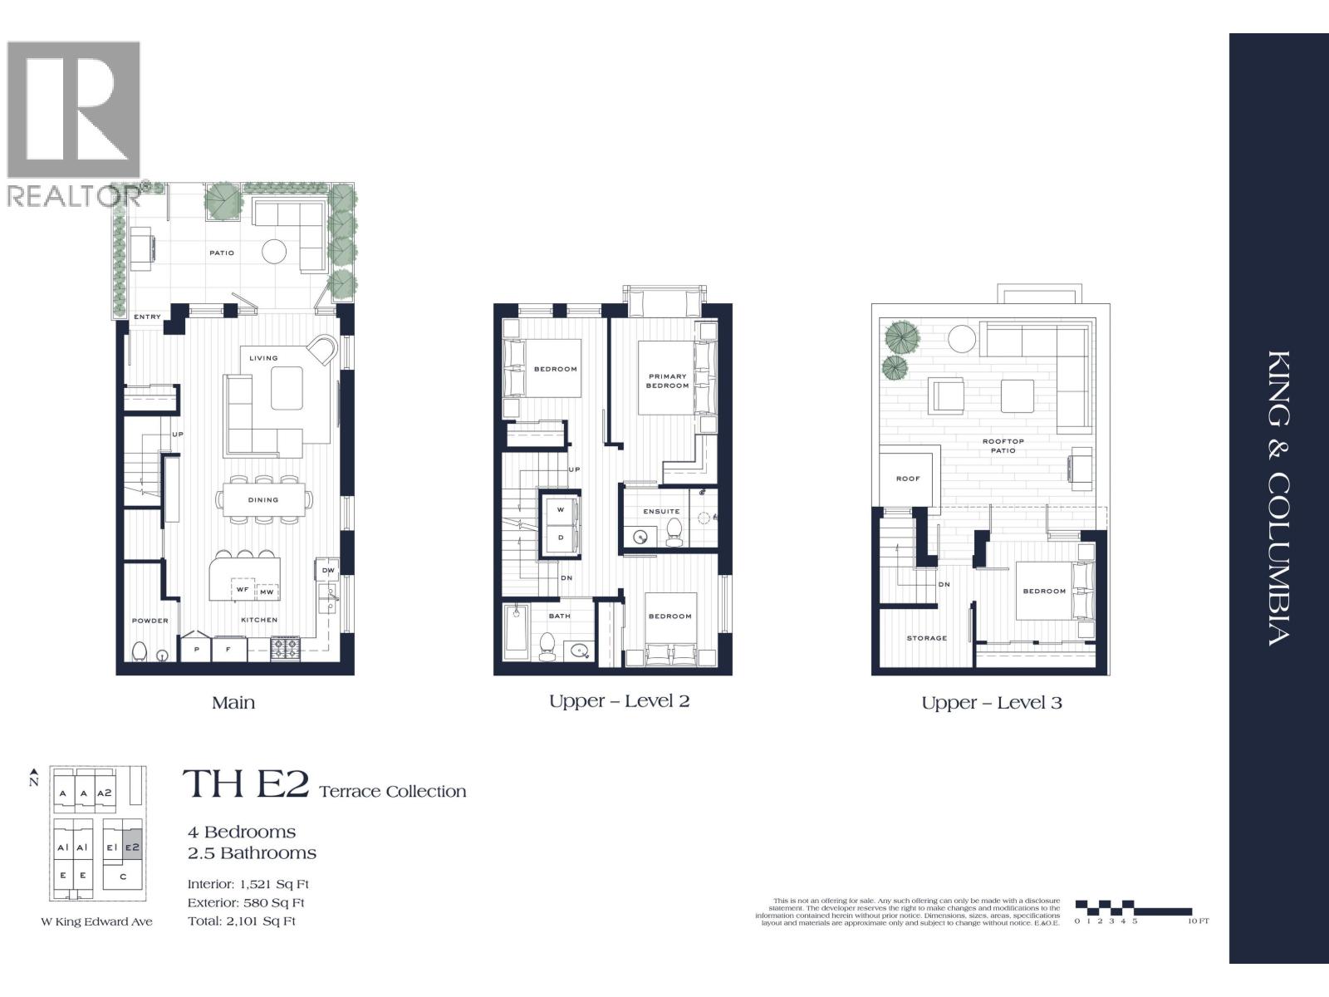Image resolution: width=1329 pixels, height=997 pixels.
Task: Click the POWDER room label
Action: pos(150,621)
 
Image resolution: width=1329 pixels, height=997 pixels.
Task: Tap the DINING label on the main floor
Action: pos(262,500)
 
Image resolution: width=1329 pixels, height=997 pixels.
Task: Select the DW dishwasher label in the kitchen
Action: pos(328,571)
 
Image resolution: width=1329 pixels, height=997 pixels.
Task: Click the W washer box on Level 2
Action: pos(561,509)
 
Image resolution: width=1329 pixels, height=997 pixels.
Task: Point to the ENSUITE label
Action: pos(661,512)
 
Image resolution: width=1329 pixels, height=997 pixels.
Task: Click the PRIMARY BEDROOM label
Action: pos(668,381)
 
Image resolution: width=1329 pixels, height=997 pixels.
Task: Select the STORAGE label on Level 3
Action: pos(926,638)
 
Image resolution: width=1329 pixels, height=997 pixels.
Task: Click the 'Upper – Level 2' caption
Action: pos(619,701)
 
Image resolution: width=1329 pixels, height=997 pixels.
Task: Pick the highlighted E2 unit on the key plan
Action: pos(133,848)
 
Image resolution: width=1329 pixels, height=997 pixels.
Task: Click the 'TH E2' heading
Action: pos(246,785)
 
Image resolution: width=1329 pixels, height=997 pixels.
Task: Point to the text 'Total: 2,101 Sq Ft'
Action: pos(242,921)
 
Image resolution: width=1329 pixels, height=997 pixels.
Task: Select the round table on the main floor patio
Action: pos(274,251)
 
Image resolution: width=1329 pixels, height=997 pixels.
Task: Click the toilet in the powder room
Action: pos(140,651)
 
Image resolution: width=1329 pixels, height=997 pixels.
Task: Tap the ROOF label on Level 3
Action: pos(908,479)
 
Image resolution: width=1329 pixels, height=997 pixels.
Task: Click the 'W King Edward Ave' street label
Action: pos(97,921)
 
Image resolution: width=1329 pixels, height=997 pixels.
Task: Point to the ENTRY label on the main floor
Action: pos(147,317)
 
